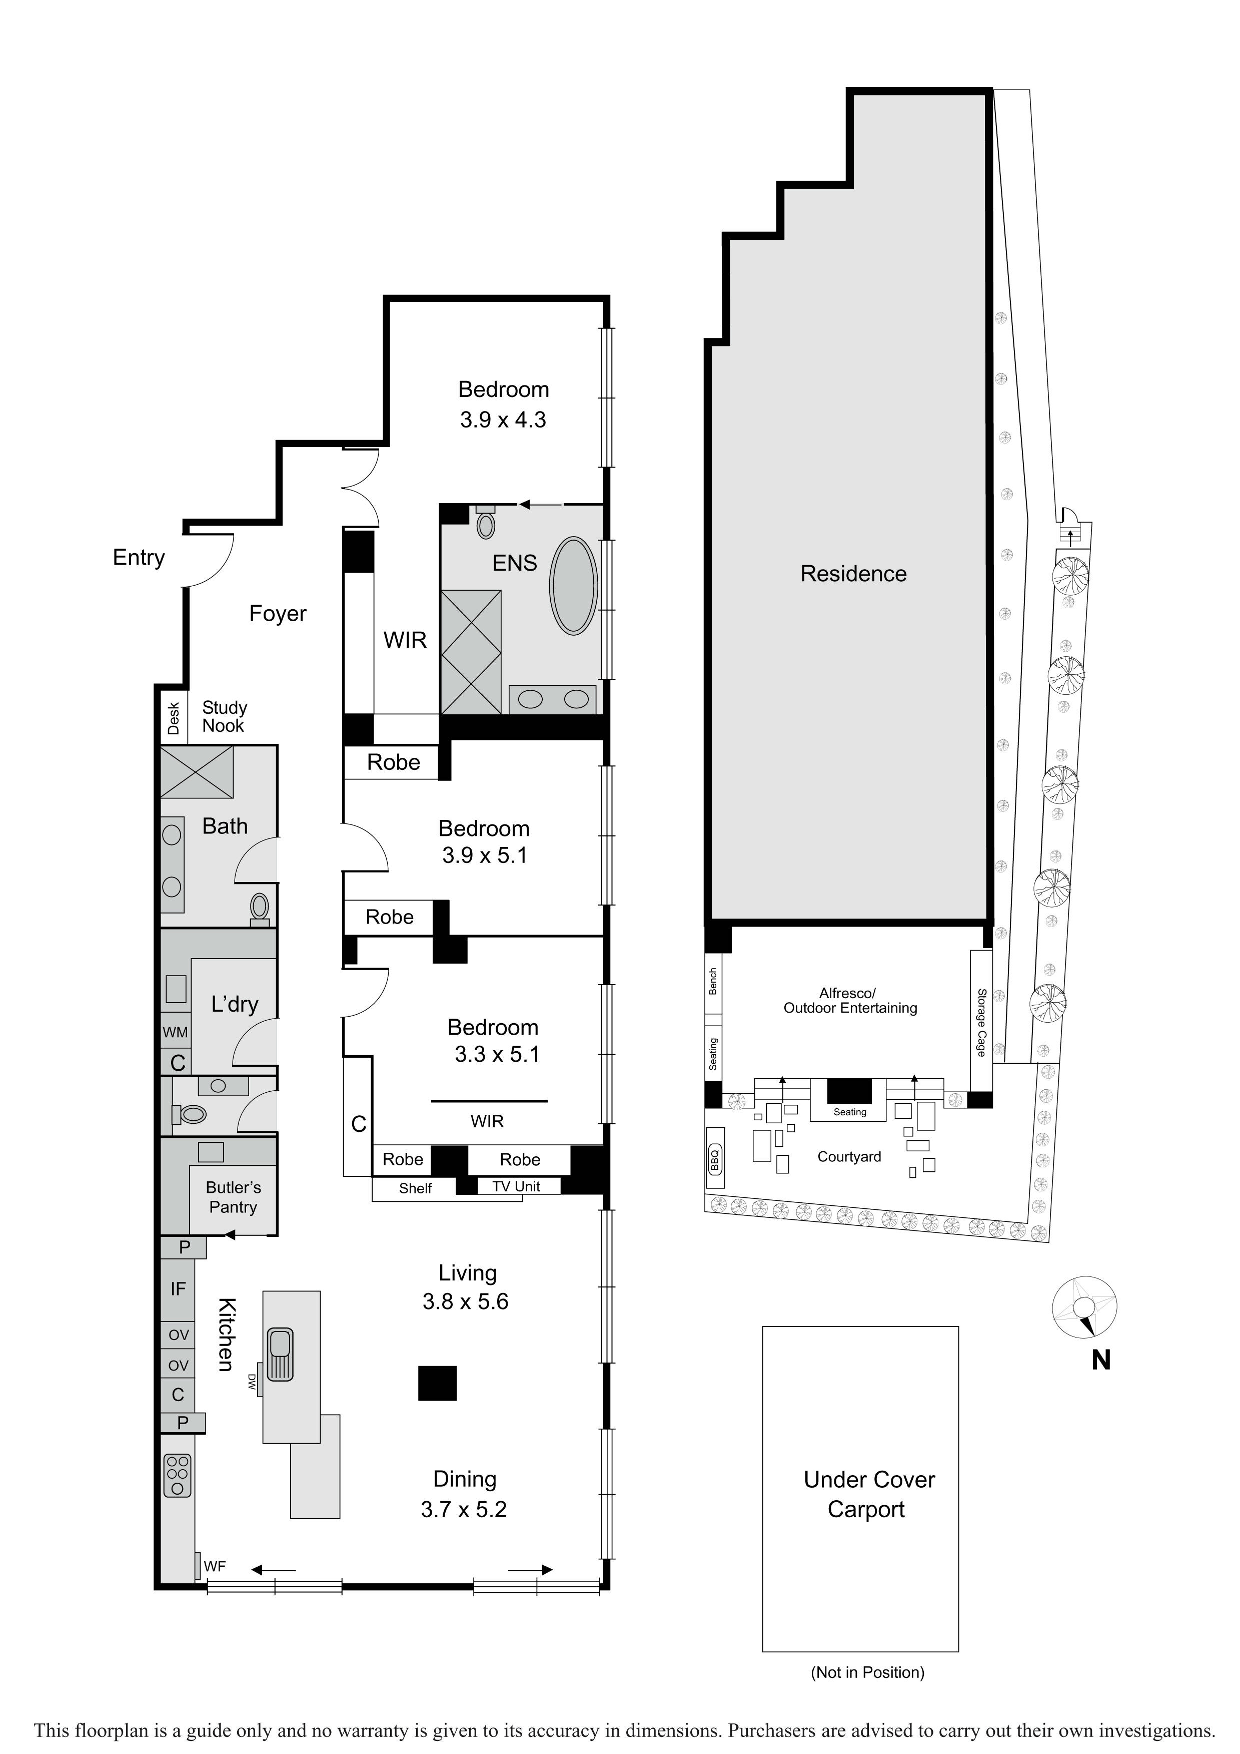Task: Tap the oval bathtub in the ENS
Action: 573,586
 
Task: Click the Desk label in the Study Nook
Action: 174,718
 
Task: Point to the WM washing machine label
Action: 175,1032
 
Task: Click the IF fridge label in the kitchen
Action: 178,1289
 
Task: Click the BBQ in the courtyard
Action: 715,1160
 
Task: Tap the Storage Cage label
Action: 981,1022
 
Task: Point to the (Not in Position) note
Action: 867,1672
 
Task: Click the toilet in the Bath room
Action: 260,909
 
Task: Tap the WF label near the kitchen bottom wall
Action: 215,1567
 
